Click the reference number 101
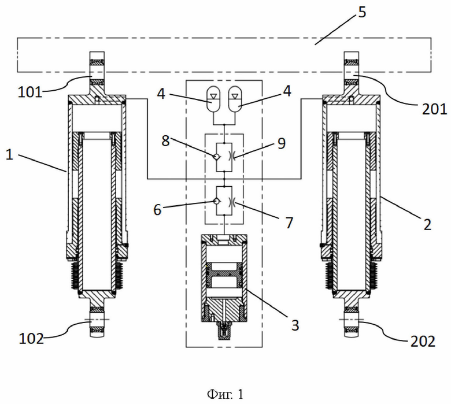click(30, 92)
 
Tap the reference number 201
click(434, 109)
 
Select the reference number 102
click(31, 339)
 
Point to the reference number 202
click(423, 342)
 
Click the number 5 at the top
click(362, 12)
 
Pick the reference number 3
click(295, 325)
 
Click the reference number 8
click(165, 140)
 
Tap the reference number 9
click(282, 143)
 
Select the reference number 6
click(157, 210)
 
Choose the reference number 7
click(289, 223)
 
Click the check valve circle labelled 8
click(216, 157)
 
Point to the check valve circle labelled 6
click(216, 201)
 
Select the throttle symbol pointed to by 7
click(232, 201)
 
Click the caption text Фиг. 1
click(226, 394)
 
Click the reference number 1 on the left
click(9, 154)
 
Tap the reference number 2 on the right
click(427, 224)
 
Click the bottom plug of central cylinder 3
click(225, 331)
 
